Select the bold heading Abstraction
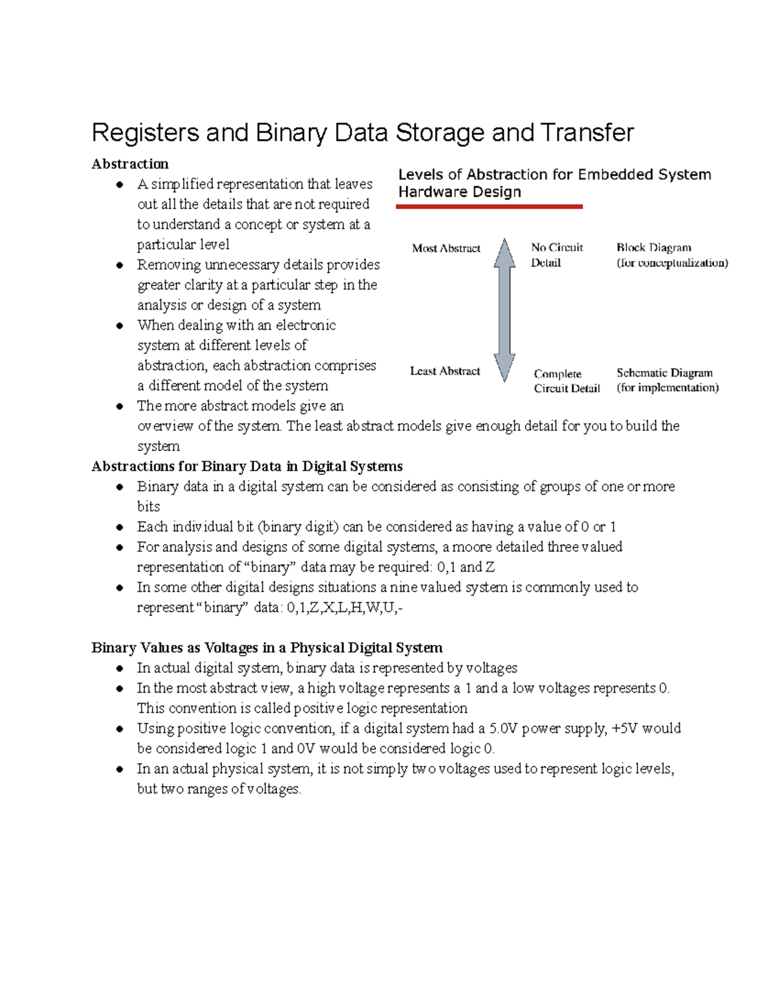130,164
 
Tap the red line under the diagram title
489,206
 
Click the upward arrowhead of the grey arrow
504,252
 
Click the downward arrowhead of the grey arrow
504,368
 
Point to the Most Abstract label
446,248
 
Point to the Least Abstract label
445,371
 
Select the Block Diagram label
654,247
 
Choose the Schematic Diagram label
664,373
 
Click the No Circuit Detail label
556,255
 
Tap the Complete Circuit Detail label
566,381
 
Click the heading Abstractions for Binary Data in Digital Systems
247,467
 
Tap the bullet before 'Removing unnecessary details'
119,265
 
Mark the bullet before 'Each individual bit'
119,528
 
